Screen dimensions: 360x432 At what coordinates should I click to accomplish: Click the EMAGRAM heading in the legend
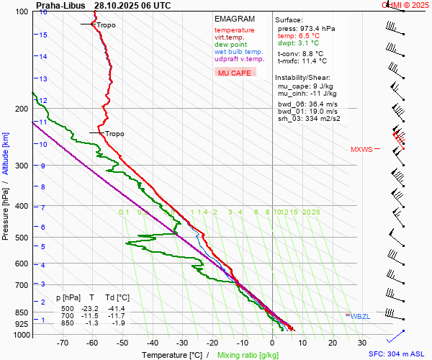(x=234, y=19)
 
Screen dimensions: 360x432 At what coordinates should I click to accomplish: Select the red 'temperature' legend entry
(x=234, y=30)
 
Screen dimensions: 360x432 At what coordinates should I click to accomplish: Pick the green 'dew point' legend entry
(x=230, y=45)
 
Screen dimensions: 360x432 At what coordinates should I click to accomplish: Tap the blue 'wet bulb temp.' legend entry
(x=238, y=52)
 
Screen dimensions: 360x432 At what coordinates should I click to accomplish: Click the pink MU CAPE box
(x=235, y=73)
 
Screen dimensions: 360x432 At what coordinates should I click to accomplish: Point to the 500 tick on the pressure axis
(x=21, y=238)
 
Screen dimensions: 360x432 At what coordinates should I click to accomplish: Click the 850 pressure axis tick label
(x=21, y=312)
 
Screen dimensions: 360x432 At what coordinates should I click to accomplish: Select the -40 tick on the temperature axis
(x=152, y=344)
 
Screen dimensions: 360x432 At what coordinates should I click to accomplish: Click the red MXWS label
(x=361, y=150)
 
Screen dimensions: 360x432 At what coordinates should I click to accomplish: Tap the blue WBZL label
(x=362, y=316)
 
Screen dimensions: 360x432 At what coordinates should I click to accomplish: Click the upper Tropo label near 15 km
(x=105, y=25)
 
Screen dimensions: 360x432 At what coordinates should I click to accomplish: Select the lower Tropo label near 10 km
(x=114, y=134)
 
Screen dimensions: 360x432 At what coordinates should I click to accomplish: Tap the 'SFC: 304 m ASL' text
(x=397, y=354)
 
